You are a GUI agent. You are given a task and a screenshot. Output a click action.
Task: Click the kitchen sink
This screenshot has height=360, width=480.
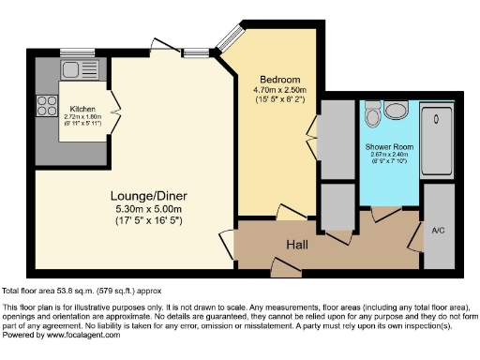pos(72,69)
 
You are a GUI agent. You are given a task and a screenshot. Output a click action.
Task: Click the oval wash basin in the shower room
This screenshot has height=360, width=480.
pos(397,112)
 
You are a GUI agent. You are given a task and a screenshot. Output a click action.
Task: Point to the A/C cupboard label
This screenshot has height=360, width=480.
pos(437,230)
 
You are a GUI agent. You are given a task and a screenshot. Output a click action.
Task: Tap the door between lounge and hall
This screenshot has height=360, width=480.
pos(225,245)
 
